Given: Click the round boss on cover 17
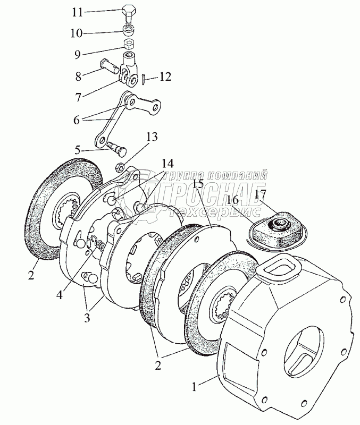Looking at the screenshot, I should (x=277, y=223).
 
